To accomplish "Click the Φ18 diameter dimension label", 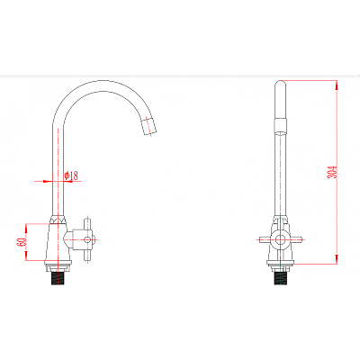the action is (71, 175).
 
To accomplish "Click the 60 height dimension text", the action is (21, 242).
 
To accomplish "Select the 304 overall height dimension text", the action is (331, 172).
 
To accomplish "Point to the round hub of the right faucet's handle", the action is (281, 239).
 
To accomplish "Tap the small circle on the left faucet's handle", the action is (87, 239).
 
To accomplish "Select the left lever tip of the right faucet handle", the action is (261, 239).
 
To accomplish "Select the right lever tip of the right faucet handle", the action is (300, 239).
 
